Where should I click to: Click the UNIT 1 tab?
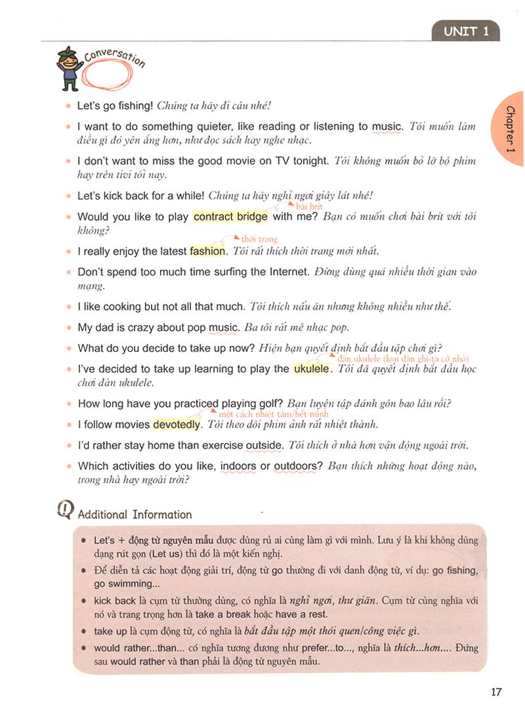click(x=466, y=31)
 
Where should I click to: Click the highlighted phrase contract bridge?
click(x=231, y=217)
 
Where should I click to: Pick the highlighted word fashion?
click(x=207, y=251)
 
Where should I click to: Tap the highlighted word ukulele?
click(x=311, y=369)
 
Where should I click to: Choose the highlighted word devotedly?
click(x=176, y=425)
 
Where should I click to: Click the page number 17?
click(x=495, y=691)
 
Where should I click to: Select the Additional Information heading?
click(x=135, y=515)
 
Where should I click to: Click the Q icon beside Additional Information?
click(x=66, y=511)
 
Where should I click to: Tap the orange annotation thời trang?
click(x=260, y=240)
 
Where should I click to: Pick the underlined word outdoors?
click(x=297, y=466)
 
